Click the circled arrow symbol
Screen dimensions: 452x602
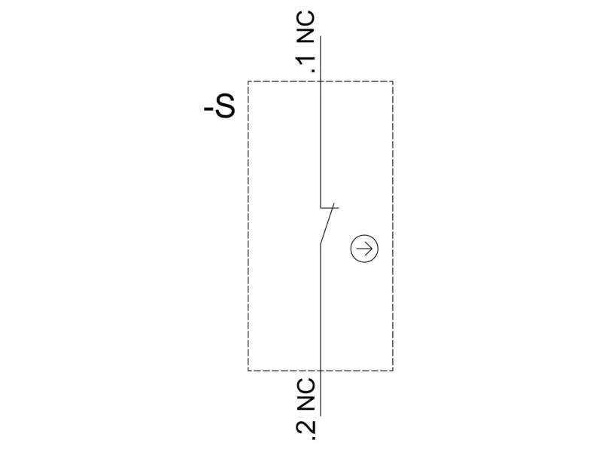tap(365, 249)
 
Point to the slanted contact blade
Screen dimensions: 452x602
tap(327, 226)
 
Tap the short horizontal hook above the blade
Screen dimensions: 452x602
tap(330, 207)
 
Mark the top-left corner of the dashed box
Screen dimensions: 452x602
tap(248, 81)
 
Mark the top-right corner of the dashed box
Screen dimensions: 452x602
tap(392, 81)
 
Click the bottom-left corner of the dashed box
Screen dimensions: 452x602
tap(248, 371)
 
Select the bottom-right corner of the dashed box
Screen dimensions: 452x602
tap(392, 371)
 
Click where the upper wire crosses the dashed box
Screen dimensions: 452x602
tap(321, 81)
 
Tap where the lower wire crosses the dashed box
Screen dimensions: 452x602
tap(321, 371)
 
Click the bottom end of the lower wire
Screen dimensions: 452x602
tap(321, 414)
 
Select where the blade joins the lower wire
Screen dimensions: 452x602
tap(321, 244)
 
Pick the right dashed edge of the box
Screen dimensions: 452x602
tap(392, 226)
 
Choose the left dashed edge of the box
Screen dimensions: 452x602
tap(248, 226)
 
